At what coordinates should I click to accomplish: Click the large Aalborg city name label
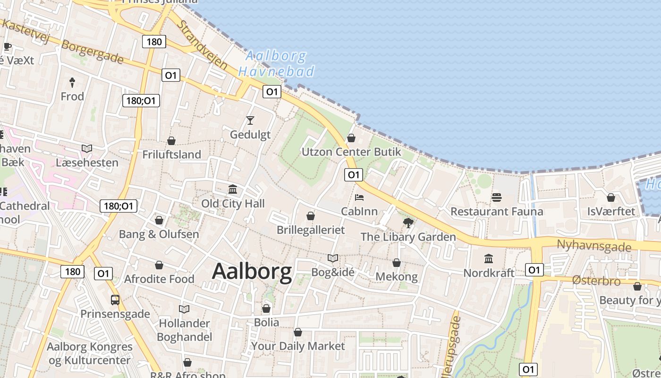pyautogui.click(x=252, y=272)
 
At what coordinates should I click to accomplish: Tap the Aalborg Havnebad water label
pyautogui.click(x=276, y=64)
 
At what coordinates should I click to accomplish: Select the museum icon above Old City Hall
pyautogui.click(x=233, y=190)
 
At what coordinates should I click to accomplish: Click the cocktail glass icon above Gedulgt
pyautogui.click(x=250, y=120)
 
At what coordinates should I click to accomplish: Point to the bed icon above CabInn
pyautogui.click(x=359, y=197)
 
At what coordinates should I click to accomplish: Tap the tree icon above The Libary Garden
pyautogui.click(x=408, y=223)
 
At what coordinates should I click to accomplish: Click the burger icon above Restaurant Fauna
pyautogui.click(x=496, y=197)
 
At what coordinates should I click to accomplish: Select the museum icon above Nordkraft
pyautogui.click(x=489, y=259)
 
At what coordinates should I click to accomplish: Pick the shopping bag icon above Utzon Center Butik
pyautogui.click(x=351, y=138)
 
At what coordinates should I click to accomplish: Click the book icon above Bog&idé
pyautogui.click(x=333, y=258)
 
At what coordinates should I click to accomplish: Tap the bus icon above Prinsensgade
pyautogui.click(x=115, y=300)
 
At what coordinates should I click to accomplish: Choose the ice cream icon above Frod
pyautogui.click(x=72, y=83)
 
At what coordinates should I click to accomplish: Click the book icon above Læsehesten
pyautogui.click(x=87, y=149)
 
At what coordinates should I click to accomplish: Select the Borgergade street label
pyautogui.click(x=93, y=52)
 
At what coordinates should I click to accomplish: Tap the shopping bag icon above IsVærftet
pyautogui.click(x=611, y=198)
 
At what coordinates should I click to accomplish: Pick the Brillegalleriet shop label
pyautogui.click(x=311, y=230)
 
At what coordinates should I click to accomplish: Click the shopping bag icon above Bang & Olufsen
pyautogui.click(x=159, y=220)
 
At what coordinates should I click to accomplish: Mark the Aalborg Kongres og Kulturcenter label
pyautogui.click(x=90, y=353)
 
